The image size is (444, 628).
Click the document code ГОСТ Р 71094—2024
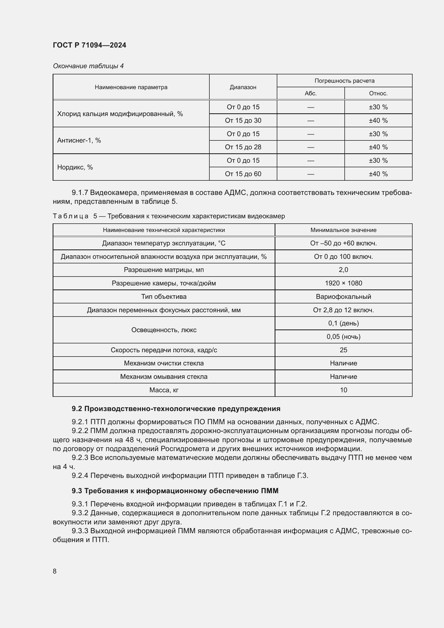tap(89, 45)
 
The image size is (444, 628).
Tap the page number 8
tap(55, 571)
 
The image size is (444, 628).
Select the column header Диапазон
tap(243, 87)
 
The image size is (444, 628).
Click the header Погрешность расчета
tap(344, 81)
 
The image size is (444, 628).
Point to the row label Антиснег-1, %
tap(79, 141)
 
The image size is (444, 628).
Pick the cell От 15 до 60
tap(243, 174)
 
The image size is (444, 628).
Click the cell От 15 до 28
tap(243, 147)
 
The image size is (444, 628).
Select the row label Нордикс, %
tap(75, 167)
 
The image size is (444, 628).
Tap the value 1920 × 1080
tap(343, 283)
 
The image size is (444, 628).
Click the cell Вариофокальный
tap(343, 296)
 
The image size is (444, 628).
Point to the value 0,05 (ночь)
tap(343, 337)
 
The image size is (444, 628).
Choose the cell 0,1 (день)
tap(343, 323)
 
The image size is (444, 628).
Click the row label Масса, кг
tap(164, 390)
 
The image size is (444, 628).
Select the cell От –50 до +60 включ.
tap(343, 243)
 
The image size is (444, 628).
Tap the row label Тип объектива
tap(164, 296)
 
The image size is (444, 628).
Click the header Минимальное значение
tap(343, 230)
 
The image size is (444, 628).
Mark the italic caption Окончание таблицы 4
tap(88, 66)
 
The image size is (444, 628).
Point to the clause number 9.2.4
tap(80, 476)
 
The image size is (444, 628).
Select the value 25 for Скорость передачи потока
tap(343, 350)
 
